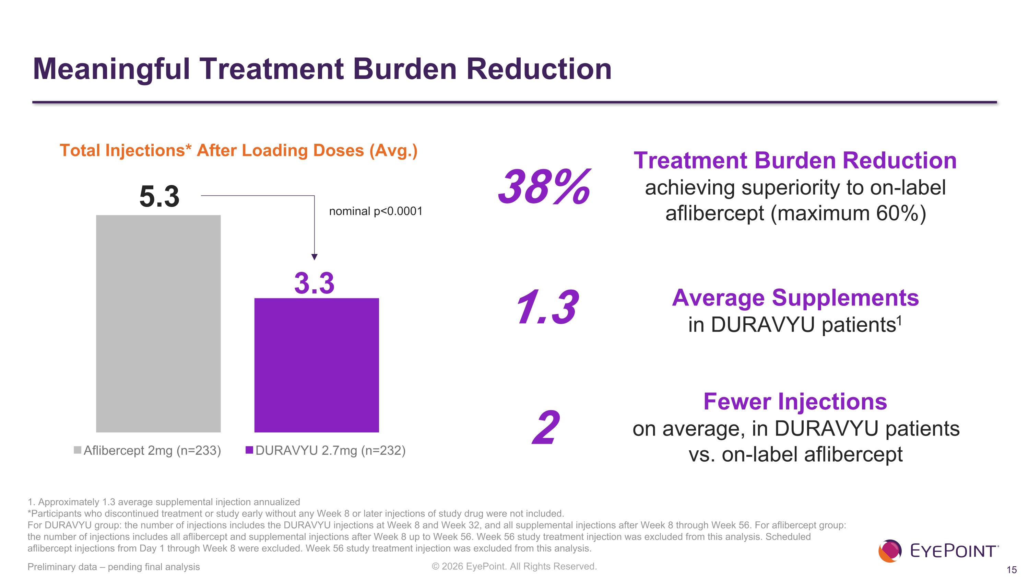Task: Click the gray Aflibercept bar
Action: click(x=158, y=324)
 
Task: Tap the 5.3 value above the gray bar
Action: click(x=159, y=197)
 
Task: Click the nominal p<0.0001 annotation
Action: click(x=376, y=211)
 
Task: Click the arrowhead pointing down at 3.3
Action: click(x=315, y=257)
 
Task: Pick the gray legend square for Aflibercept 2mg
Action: click(x=78, y=450)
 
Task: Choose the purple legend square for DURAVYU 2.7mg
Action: click(x=249, y=450)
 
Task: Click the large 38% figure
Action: click(x=544, y=187)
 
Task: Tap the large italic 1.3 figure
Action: click(x=546, y=307)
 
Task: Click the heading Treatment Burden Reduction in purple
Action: click(x=795, y=161)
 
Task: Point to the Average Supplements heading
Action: click(x=795, y=298)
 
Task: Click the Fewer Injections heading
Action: click(x=795, y=401)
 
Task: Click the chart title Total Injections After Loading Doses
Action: click(x=238, y=151)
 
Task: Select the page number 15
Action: click(x=1012, y=570)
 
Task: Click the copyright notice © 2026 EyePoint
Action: click(x=514, y=566)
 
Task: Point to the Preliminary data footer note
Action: click(x=114, y=567)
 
